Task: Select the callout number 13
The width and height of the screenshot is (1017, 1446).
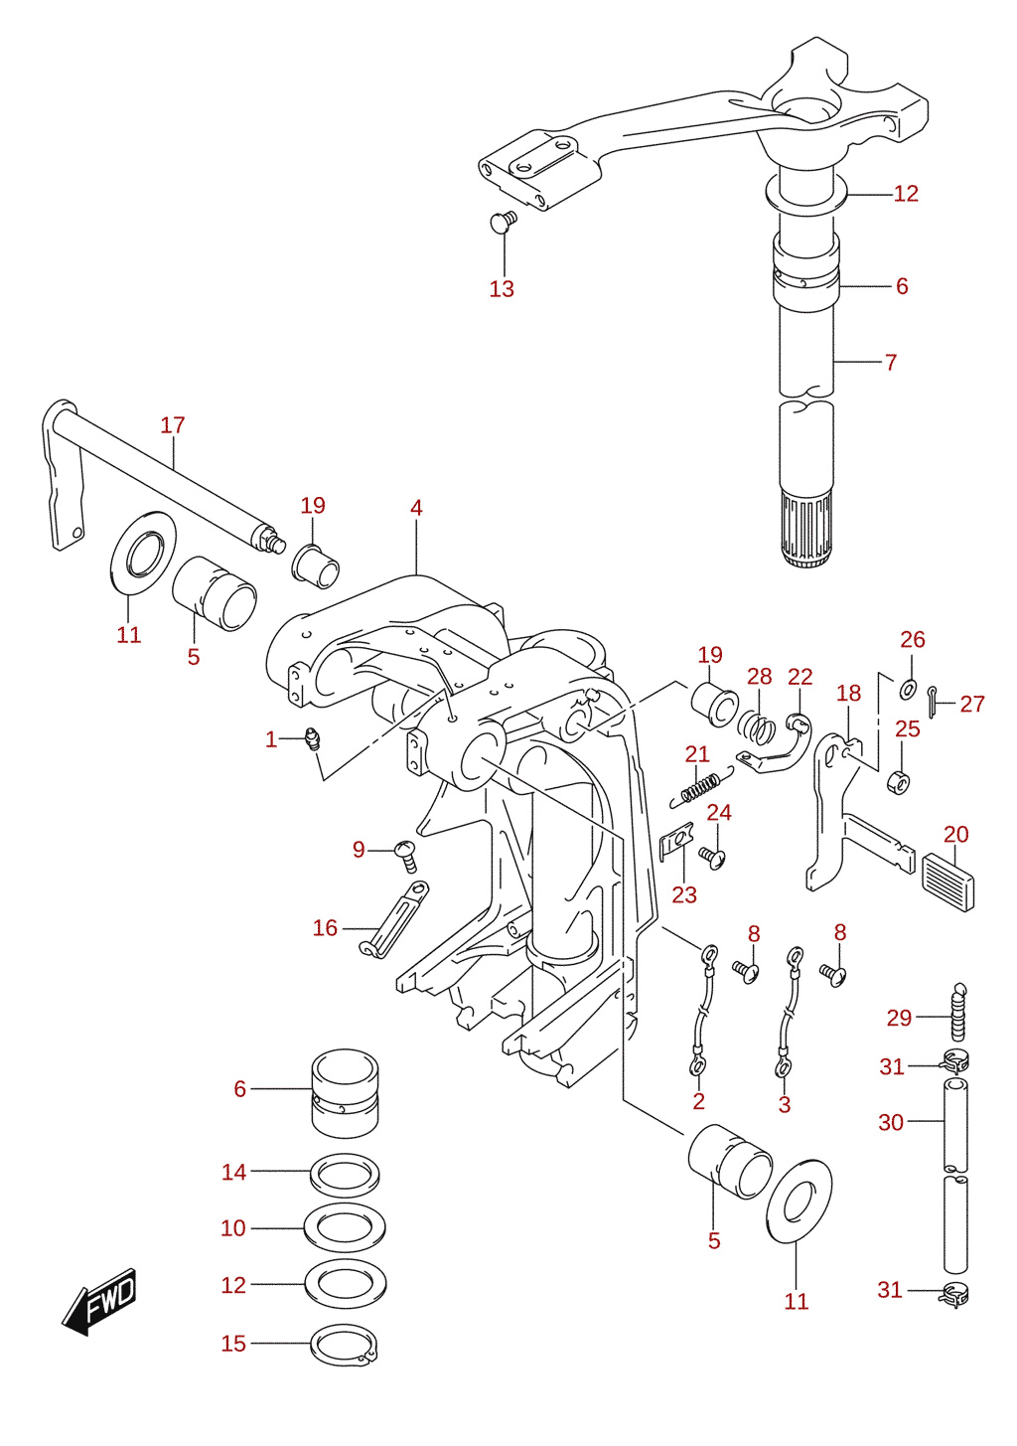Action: point(502,289)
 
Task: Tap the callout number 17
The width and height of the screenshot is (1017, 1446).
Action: point(172,425)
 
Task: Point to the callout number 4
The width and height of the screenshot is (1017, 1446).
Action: point(416,508)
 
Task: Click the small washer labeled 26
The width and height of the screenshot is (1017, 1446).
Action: point(908,689)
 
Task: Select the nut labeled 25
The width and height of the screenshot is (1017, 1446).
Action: point(899,782)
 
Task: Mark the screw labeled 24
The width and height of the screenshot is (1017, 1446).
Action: point(712,858)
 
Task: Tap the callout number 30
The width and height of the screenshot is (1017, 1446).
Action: point(891,1123)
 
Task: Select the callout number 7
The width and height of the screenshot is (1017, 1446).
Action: point(891,363)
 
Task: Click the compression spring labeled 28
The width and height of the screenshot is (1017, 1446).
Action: point(757,726)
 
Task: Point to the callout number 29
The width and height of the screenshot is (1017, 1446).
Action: point(899,1018)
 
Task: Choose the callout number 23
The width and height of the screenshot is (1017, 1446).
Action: point(684,894)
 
